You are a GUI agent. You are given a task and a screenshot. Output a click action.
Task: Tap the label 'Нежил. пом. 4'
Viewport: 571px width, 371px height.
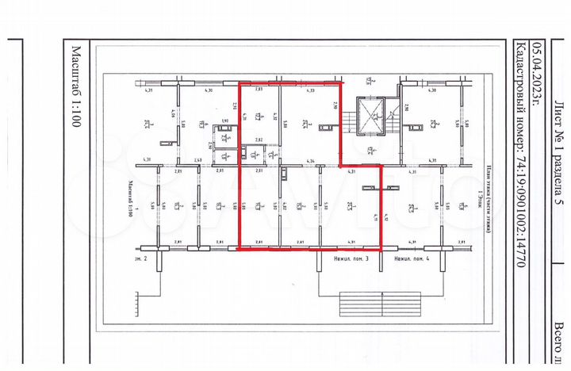pos(412,259)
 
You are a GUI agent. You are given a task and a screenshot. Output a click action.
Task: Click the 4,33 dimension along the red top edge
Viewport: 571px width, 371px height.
pos(311,91)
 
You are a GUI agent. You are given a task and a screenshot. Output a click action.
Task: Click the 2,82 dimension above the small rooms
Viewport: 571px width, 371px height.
pos(259,140)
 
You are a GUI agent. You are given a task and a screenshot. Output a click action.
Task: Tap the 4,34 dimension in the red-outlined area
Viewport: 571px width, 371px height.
pos(311,163)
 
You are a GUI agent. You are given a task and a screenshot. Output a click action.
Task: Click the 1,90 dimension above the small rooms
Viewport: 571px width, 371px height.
pos(224,121)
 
